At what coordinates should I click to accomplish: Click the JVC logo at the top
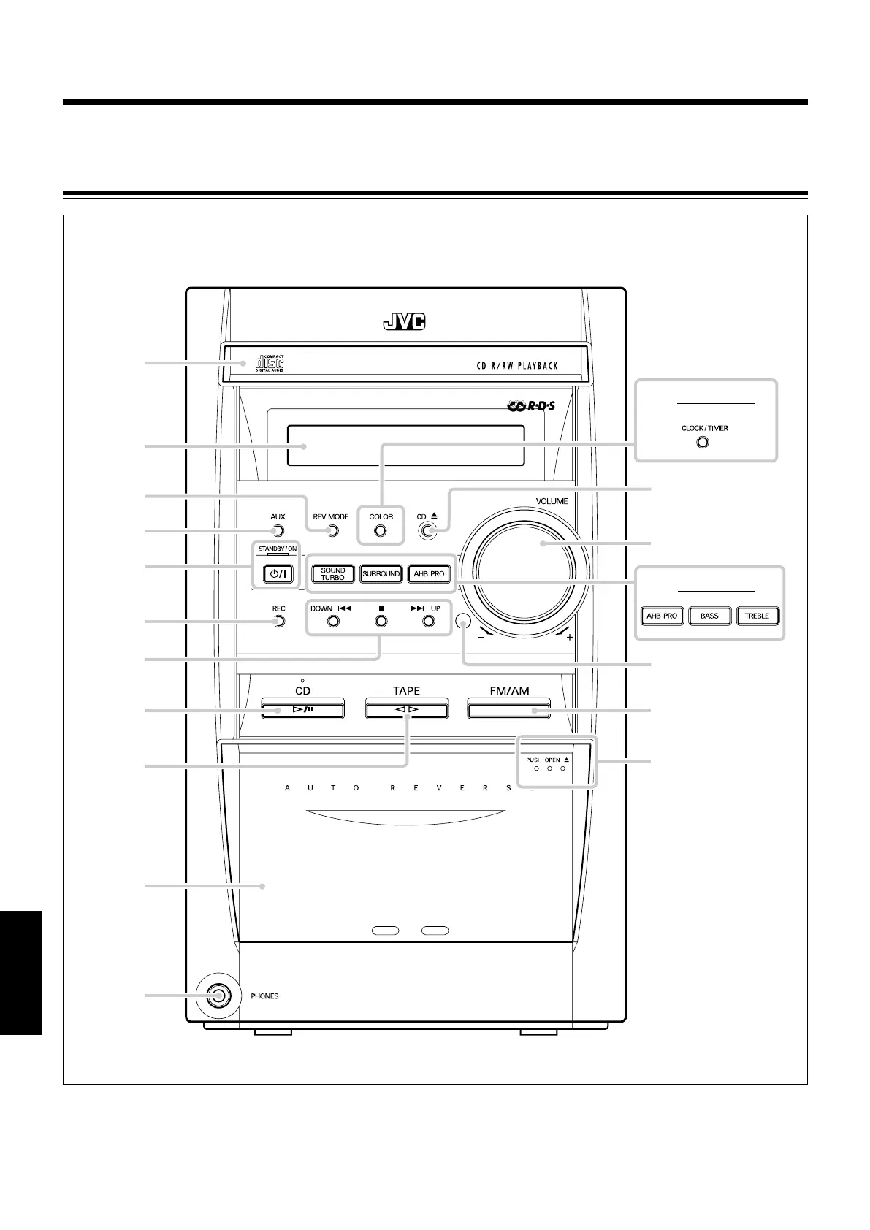coord(404,322)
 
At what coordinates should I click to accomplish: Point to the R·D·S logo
coord(531,405)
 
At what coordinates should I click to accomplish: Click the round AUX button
coord(277,531)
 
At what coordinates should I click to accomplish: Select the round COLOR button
coord(380,531)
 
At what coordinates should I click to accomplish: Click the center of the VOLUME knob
coord(530,570)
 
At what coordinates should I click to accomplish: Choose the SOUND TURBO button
coord(332,574)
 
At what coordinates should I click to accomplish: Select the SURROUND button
coord(381,574)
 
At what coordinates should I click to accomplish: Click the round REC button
coord(278,622)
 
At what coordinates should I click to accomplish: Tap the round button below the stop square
coord(380,622)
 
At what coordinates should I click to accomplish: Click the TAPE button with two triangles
coord(406,709)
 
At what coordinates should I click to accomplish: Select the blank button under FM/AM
coord(509,709)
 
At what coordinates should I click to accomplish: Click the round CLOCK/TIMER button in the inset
coord(703,443)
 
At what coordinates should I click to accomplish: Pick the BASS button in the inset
coord(709,616)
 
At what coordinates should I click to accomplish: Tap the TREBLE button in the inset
coord(757,616)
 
